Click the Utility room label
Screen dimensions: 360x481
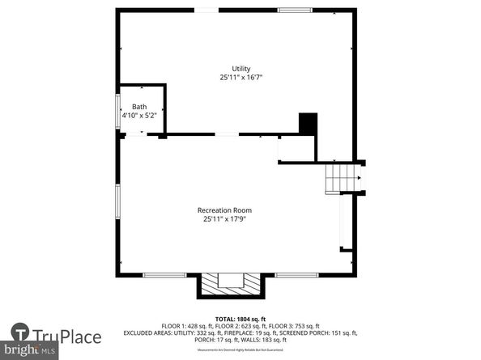(x=240, y=68)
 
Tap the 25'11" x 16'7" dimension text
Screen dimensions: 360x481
(x=240, y=78)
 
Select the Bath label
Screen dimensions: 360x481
(x=139, y=107)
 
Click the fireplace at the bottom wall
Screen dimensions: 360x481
(x=232, y=284)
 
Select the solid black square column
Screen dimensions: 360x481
(x=308, y=124)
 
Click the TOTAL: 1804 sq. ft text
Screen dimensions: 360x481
(x=240, y=318)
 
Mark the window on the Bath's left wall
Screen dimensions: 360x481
(x=118, y=111)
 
